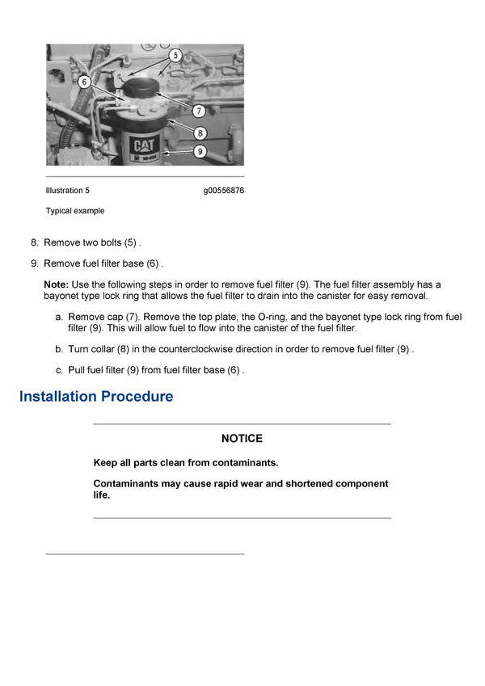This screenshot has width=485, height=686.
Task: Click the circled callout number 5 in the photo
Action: pyautogui.click(x=176, y=55)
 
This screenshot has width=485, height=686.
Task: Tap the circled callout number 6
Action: pyautogui.click(x=83, y=81)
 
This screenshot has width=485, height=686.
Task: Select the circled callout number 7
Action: pyautogui.click(x=199, y=111)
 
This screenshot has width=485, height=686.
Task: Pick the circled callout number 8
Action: pyautogui.click(x=200, y=133)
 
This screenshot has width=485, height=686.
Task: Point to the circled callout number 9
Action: pyautogui.click(x=200, y=151)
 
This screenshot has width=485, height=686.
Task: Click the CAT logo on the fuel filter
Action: pyautogui.click(x=145, y=145)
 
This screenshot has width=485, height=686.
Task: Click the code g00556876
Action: pyautogui.click(x=223, y=191)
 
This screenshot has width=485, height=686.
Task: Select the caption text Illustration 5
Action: pyautogui.click(x=68, y=191)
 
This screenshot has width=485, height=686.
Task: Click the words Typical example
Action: pyautogui.click(x=75, y=211)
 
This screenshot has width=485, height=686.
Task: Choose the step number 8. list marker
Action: pyautogui.click(x=34, y=242)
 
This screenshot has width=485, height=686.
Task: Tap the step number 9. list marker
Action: pyautogui.click(x=34, y=263)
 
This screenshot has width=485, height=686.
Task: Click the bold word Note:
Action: pyautogui.click(x=56, y=284)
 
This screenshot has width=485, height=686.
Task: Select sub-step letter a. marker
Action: pyautogui.click(x=59, y=318)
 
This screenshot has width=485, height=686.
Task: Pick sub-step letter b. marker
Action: pyautogui.click(x=59, y=350)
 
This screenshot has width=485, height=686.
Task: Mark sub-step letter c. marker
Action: pyautogui.click(x=59, y=370)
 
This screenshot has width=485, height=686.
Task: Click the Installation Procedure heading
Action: pyautogui.click(x=96, y=397)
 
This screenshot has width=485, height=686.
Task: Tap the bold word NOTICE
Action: pyautogui.click(x=242, y=439)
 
